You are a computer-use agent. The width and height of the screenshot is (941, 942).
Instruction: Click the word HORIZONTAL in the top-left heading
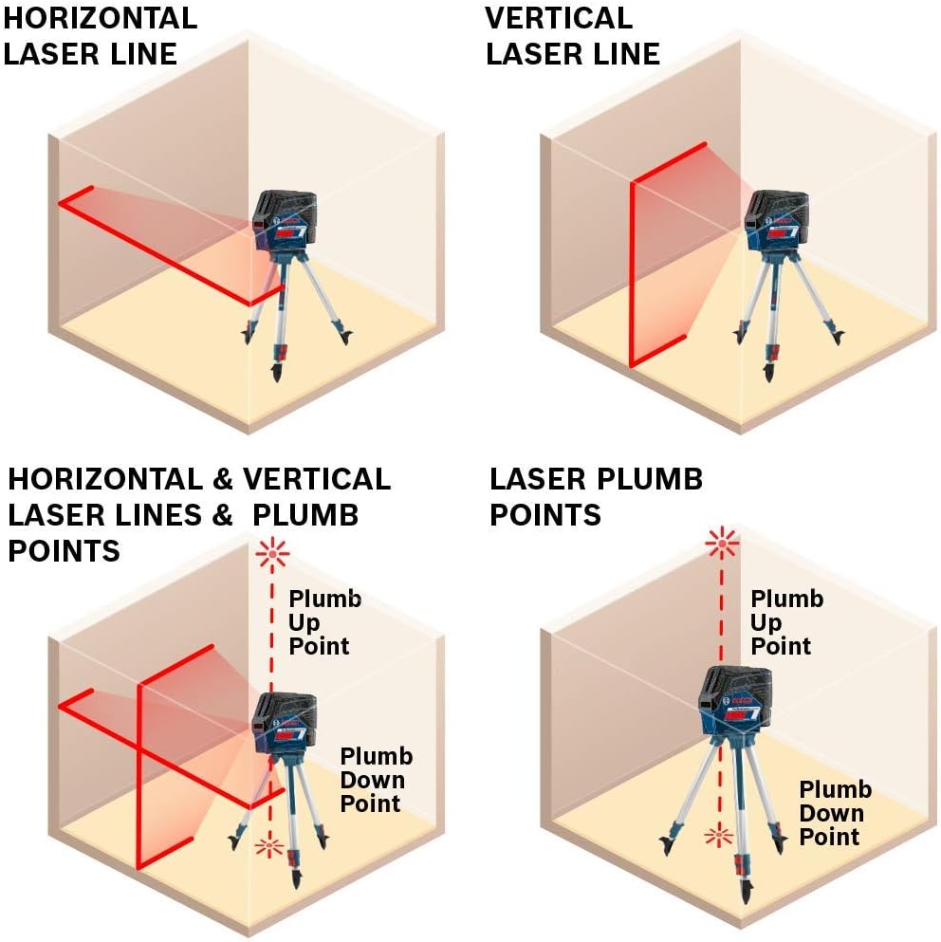(x=100, y=18)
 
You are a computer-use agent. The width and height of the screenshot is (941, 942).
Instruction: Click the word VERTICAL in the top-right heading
(x=558, y=18)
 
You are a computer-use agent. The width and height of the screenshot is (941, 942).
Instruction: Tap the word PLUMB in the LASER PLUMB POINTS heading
(x=642, y=479)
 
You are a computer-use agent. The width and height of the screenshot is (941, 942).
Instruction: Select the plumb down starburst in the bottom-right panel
(x=719, y=835)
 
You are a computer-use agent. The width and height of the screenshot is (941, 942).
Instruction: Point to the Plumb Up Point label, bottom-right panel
(x=786, y=622)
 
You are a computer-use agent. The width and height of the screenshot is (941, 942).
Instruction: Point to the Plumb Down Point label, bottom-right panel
(x=834, y=813)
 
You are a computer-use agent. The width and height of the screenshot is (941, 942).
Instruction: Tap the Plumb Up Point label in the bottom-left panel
(x=324, y=622)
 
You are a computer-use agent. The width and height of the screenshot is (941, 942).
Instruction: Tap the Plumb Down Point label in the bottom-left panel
(x=377, y=780)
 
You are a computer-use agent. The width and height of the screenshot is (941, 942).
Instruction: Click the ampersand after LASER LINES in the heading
(x=221, y=515)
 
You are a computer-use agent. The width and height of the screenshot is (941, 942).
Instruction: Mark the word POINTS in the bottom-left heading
(x=64, y=550)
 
